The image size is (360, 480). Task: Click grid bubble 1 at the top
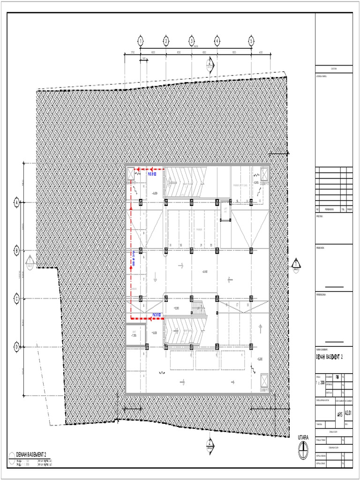[x=140, y=41]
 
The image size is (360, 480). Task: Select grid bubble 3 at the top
[x=191, y=41]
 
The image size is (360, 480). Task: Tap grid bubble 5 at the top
[x=251, y=41]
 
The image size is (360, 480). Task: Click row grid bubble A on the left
[x=17, y=202]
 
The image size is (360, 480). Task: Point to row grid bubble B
[x=17, y=251]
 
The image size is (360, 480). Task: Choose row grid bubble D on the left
[x=17, y=347]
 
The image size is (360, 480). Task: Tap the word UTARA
[x=303, y=437]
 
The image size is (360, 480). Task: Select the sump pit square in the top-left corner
[x=131, y=174]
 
